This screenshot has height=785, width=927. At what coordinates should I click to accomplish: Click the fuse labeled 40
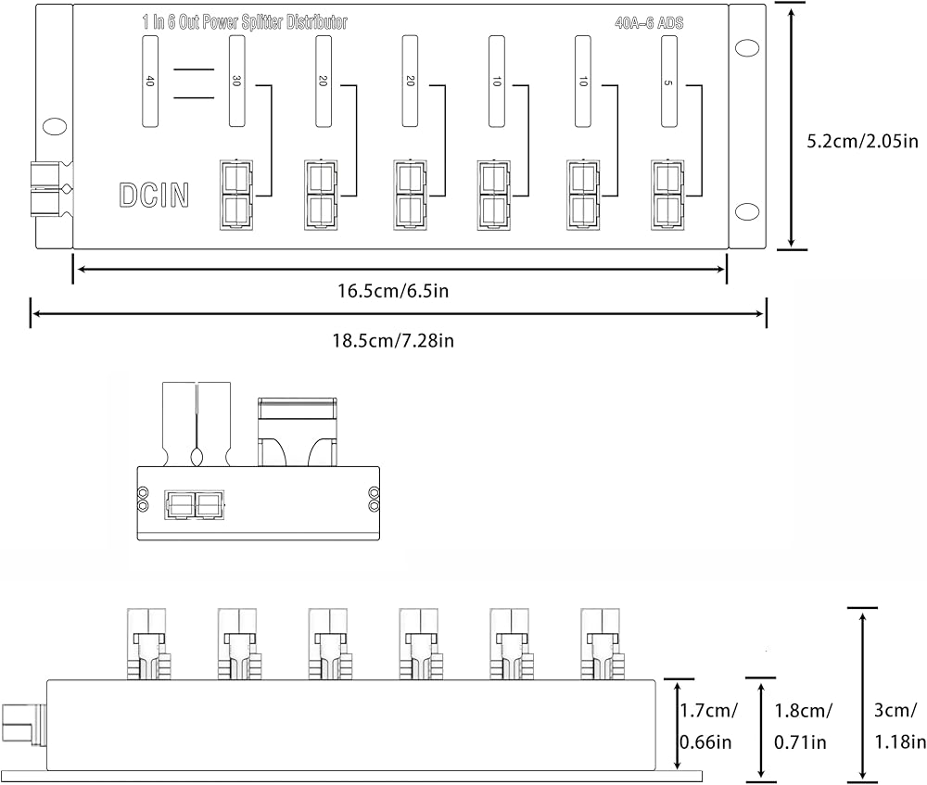[x=150, y=81]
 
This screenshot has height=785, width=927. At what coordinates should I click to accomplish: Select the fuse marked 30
[x=236, y=81]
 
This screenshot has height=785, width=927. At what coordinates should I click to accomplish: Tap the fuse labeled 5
[x=668, y=81]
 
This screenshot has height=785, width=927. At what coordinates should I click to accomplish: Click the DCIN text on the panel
[x=154, y=195]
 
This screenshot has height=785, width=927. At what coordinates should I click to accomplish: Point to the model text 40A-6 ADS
[x=649, y=23]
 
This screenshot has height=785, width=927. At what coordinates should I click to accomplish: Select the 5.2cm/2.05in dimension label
[x=862, y=141]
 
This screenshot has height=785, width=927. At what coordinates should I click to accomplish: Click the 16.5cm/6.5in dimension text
[x=393, y=291]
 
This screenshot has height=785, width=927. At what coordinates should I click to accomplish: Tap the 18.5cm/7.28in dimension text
[x=393, y=341]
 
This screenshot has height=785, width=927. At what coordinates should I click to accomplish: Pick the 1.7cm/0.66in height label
[x=707, y=726]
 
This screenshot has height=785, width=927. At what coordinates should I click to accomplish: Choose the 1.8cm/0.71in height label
[x=802, y=726]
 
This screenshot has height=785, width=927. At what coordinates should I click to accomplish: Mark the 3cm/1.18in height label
[x=899, y=726]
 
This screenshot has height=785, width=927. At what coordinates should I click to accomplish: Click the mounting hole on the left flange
[x=55, y=126]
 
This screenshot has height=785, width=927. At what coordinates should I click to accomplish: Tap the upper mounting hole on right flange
[x=747, y=48]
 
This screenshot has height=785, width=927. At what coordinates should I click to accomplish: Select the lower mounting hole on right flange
[x=747, y=211]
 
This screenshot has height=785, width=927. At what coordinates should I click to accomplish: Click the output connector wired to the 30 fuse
[x=236, y=195]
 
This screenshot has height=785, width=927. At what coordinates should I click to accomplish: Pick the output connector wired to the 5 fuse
[x=668, y=195]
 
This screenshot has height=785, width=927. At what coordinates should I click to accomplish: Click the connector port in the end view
[x=194, y=505]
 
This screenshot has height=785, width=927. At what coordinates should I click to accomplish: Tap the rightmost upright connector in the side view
[x=602, y=644]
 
